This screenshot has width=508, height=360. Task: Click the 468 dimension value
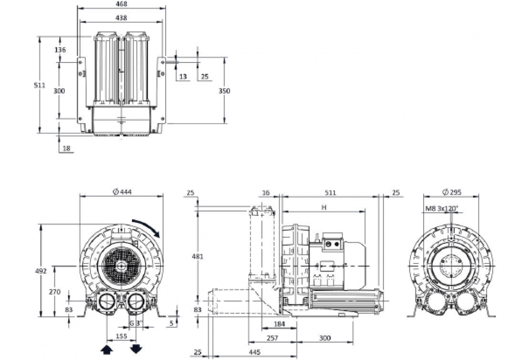(x=121, y=4)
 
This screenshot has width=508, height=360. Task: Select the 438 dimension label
(x=121, y=18)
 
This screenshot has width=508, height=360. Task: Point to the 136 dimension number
(x=60, y=50)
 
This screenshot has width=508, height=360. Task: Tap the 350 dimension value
(x=224, y=91)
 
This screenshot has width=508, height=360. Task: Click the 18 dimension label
(x=66, y=148)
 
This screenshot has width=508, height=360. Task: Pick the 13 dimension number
(x=183, y=77)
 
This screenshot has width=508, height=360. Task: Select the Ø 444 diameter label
(x=121, y=191)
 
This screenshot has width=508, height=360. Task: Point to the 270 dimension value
(x=54, y=292)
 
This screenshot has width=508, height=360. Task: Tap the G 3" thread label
(x=135, y=323)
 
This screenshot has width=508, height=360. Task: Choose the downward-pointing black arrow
(x=136, y=349)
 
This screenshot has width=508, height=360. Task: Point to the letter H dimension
(x=324, y=207)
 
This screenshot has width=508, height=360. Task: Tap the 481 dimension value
(x=198, y=256)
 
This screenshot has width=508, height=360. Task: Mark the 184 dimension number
(x=279, y=324)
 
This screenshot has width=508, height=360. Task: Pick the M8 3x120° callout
(x=442, y=208)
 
